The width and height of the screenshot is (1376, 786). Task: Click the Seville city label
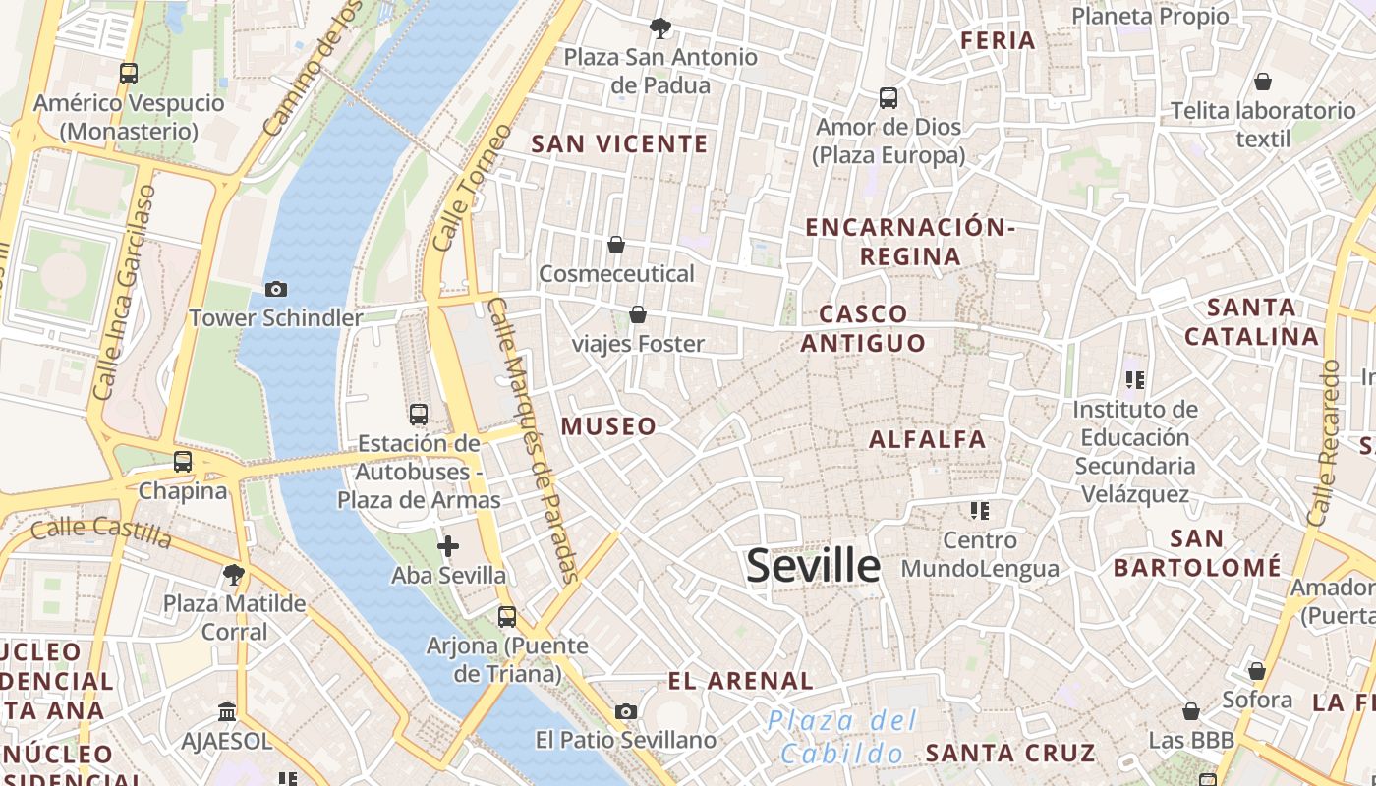click(x=813, y=566)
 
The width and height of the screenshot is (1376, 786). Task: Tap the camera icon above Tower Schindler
click(x=276, y=289)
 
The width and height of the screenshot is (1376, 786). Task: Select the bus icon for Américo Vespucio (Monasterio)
click(x=129, y=73)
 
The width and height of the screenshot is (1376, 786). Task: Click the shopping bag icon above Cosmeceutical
click(x=616, y=244)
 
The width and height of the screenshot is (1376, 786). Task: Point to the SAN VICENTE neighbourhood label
click(x=619, y=144)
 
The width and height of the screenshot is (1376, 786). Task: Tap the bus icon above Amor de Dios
click(x=889, y=98)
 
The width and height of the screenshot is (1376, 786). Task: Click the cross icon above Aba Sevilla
click(x=448, y=546)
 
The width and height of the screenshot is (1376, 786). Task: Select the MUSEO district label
click(x=608, y=426)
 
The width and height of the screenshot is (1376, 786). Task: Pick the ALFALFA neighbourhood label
click(x=927, y=439)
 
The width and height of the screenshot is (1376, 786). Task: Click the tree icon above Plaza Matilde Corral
click(x=234, y=574)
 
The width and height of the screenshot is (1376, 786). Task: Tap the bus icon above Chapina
click(x=183, y=462)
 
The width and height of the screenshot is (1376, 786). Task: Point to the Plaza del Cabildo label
click(x=842, y=737)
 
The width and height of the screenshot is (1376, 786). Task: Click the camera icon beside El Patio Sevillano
click(x=626, y=711)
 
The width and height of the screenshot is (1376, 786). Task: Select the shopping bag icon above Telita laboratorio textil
click(x=1263, y=82)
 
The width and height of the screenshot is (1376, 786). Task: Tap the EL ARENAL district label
click(x=740, y=681)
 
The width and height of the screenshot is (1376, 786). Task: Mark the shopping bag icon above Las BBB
click(x=1191, y=710)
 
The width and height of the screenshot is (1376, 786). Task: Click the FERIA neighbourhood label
click(x=998, y=41)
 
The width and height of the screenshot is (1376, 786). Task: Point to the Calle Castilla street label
click(x=101, y=532)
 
